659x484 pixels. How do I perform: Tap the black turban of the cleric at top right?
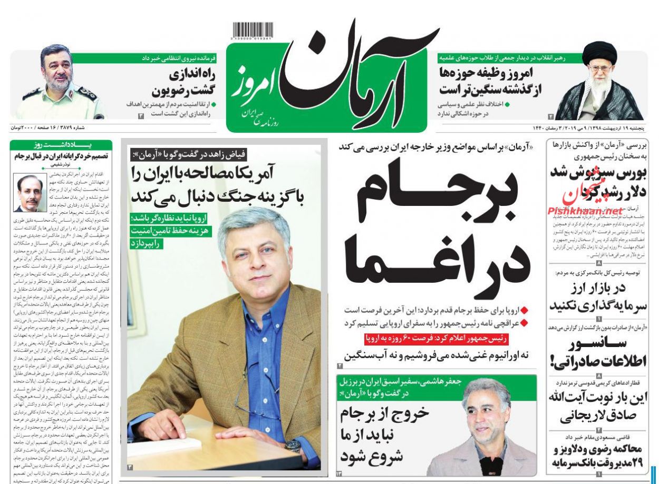click(x=599, y=52)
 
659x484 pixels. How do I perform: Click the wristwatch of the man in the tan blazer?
click(x=293, y=446)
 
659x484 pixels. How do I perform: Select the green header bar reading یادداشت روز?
click(x=61, y=145)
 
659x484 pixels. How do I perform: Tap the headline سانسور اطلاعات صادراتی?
click(x=599, y=352)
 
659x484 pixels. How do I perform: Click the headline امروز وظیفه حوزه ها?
click(x=487, y=81)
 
